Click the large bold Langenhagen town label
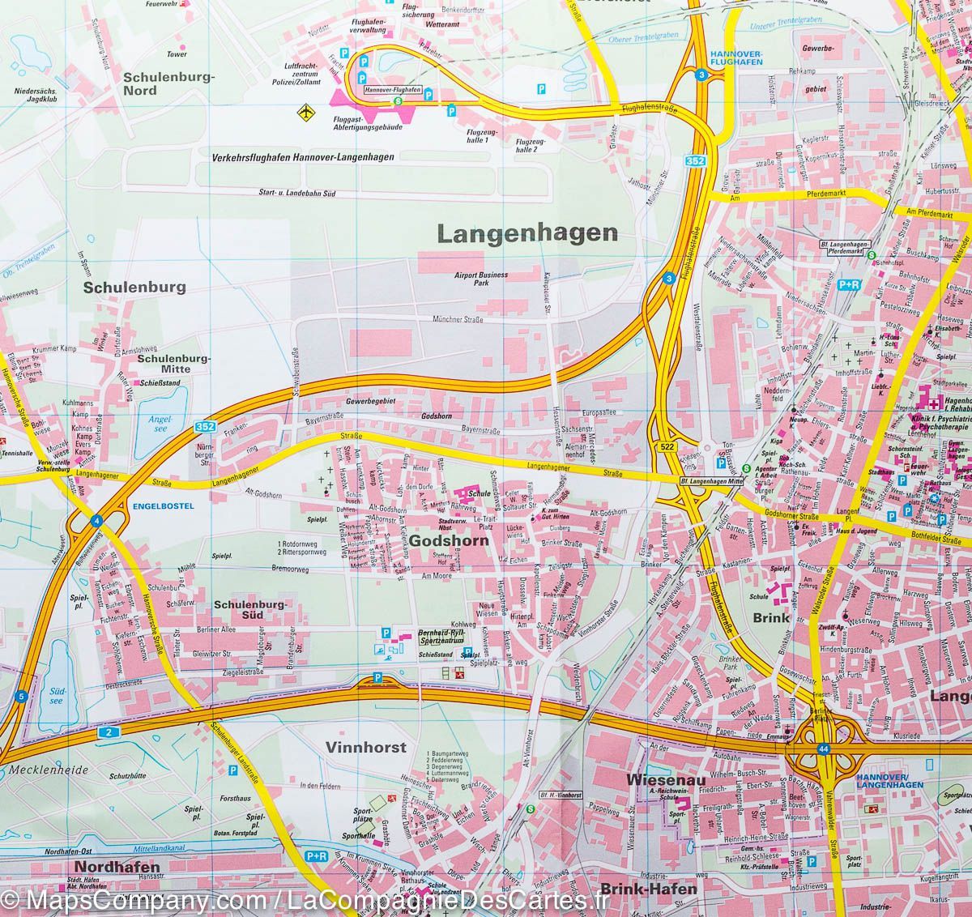(526, 234)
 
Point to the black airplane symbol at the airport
(305, 110)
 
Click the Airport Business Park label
(481, 279)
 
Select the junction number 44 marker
(824, 749)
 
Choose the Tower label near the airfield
(176, 54)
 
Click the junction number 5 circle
(22, 696)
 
